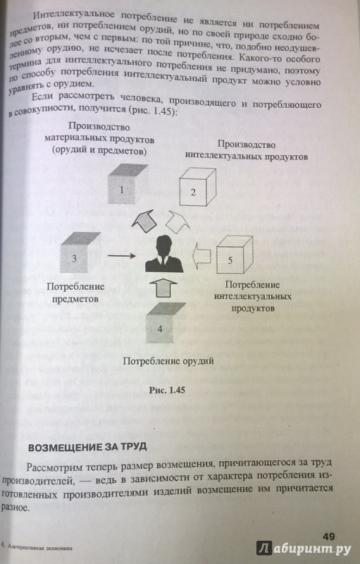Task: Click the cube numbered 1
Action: (x=126, y=183)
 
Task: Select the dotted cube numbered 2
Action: (x=197, y=186)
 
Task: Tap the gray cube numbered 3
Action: (x=80, y=252)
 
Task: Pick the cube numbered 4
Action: (x=166, y=323)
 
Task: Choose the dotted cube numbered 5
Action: (x=235, y=254)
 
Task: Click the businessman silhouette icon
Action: (x=164, y=253)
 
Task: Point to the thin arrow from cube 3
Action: (x=121, y=256)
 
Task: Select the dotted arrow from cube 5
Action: (x=201, y=255)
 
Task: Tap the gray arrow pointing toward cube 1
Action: (x=144, y=221)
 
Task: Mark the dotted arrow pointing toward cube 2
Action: (x=178, y=221)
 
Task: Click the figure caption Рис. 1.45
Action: (x=167, y=391)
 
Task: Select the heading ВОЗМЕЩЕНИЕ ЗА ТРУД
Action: (x=87, y=447)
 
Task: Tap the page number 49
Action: (x=329, y=537)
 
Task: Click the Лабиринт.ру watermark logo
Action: (x=304, y=548)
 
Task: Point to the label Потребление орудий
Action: (x=168, y=361)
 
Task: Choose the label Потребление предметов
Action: (x=75, y=293)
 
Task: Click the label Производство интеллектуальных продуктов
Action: (x=246, y=150)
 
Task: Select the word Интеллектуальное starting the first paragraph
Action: (x=74, y=15)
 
